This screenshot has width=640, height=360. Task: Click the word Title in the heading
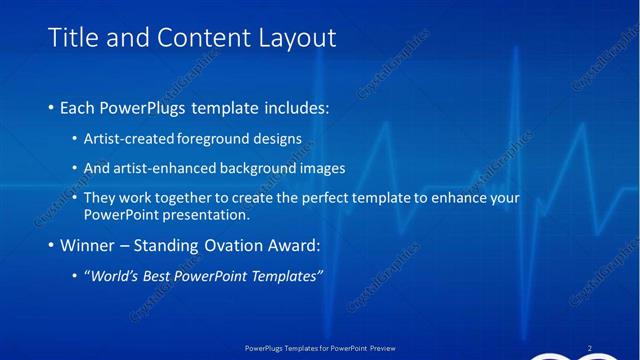click(74, 38)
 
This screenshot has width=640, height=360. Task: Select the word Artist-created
click(130, 137)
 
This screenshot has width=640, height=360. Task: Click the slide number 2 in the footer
click(589, 348)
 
